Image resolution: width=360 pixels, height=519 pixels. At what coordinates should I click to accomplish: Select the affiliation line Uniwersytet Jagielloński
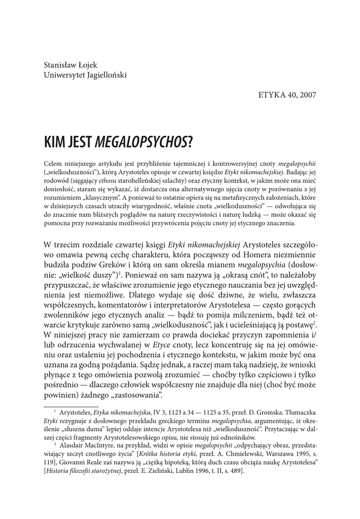coord(85,75)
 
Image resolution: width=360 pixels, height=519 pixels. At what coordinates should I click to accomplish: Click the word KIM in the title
coord(55,142)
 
